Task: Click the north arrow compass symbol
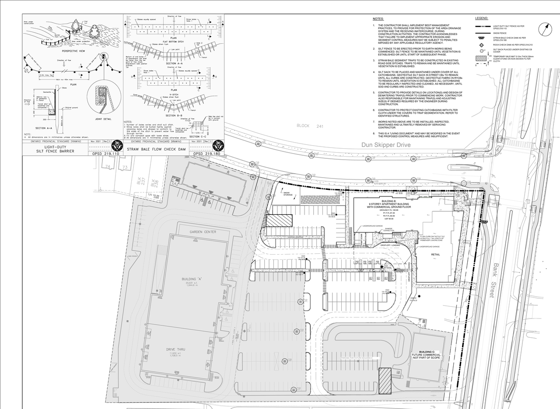[x=546, y=30]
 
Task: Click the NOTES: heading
[x=378, y=19]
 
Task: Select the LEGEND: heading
[x=482, y=18]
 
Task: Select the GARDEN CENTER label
[x=203, y=232]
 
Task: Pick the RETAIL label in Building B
[x=436, y=254]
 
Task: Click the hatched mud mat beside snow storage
[x=279, y=220]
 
